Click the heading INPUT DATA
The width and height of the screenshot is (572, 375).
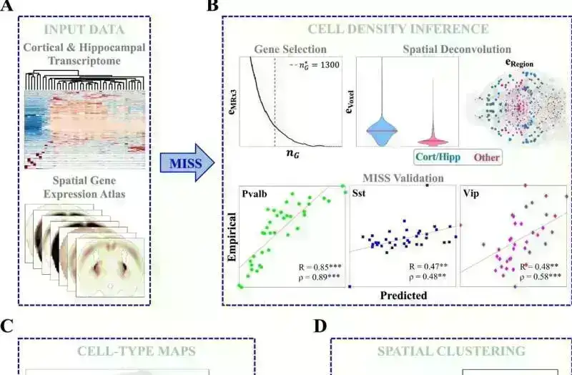point(84,29)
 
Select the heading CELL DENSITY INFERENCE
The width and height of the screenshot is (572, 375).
point(398,29)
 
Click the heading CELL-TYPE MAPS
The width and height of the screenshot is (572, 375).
point(137,351)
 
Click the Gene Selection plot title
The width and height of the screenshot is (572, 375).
point(290,49)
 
